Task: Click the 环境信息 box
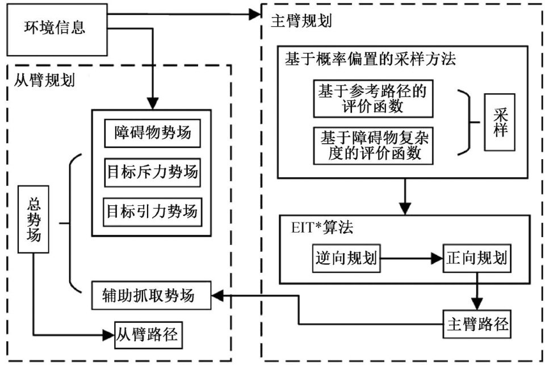coord(57,28)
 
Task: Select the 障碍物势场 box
coord(152,135)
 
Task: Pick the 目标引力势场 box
coord(152,211)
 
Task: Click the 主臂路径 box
coord(476,326)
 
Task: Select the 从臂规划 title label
coord(44,78)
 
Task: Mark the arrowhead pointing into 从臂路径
coord(108,335)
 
